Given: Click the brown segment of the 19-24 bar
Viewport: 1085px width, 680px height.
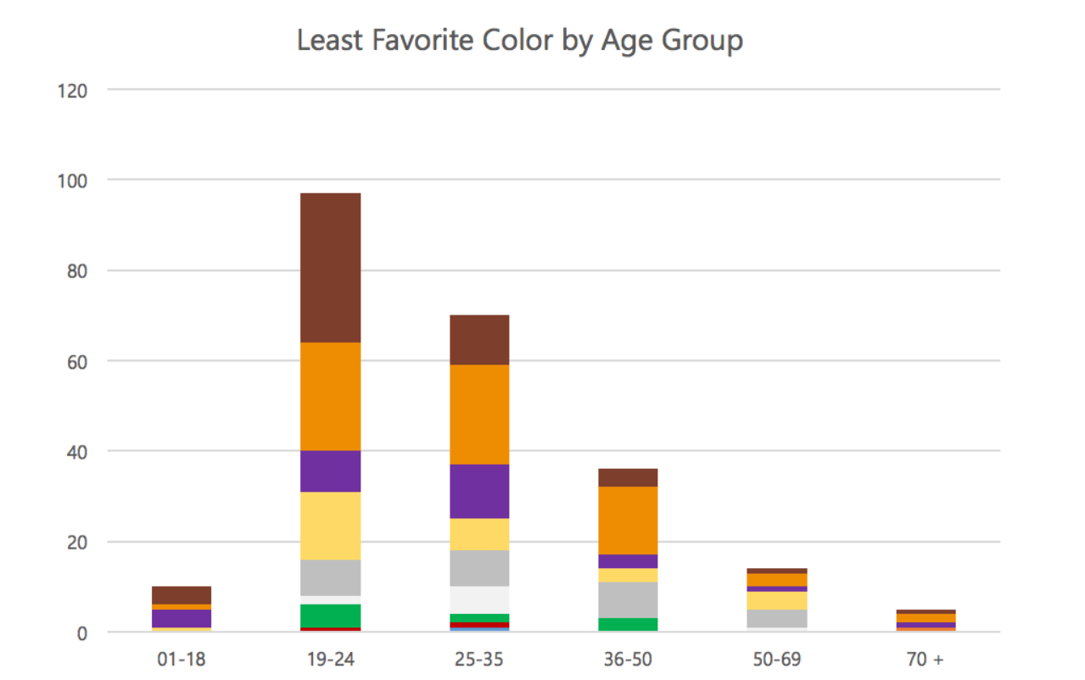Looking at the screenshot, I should (330, 267).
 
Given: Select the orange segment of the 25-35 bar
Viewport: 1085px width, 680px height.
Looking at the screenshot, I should (479, 415).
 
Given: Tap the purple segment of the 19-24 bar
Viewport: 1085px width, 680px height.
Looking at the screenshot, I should (330, 471).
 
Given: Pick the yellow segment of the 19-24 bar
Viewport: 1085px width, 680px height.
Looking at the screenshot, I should (330, 526).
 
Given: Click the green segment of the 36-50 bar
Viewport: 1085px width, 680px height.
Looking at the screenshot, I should (628, 625).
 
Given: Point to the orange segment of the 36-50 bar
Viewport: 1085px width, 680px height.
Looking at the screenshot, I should (628, 520).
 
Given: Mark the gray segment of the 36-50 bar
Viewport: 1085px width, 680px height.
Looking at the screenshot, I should (628, 599).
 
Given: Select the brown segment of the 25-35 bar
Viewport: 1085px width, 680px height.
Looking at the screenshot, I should (479, 339).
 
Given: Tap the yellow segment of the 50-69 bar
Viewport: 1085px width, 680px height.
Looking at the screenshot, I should (777, 600).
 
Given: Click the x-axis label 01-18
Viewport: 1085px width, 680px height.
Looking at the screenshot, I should (182, 659).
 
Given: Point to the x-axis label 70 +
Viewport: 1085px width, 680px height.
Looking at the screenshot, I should (926, 659).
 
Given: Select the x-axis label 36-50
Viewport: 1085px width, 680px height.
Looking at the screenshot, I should (628, 659).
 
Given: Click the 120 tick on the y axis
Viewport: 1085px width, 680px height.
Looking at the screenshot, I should (72, 90).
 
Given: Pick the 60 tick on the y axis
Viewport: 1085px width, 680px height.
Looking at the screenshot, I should (76, 361).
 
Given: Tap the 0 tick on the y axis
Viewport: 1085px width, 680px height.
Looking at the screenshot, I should (81, 633).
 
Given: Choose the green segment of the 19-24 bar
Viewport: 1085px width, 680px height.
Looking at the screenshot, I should (330, 615).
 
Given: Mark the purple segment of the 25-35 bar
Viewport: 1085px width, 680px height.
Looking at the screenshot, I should (479, 491).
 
